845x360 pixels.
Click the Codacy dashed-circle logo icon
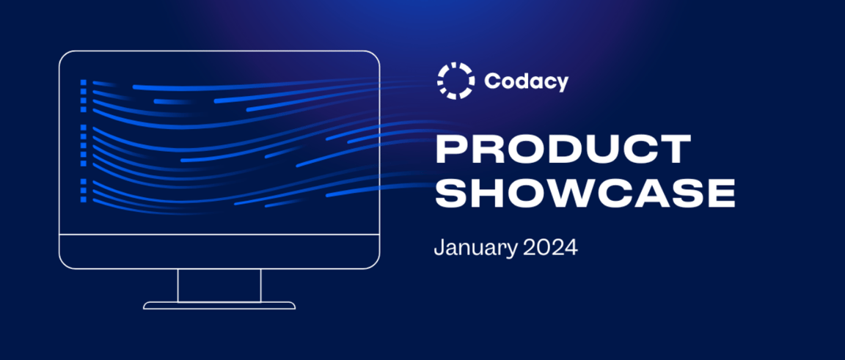[x=456, y=81]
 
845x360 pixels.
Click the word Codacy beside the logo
[x=526, y=81]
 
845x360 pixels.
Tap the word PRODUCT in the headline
[x=563, y=150]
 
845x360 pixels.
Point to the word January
[x=475, y=248]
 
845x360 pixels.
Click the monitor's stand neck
[x=219, y=284]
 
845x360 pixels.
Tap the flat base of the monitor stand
[x=219, y=305]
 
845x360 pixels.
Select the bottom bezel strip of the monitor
[x=219, y=251]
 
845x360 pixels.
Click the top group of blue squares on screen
[x=84, y=96]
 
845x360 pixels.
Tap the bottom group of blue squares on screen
[x=84, y=190]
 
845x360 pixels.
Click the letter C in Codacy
[x=492, y=81]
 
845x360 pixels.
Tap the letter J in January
[x=439, y=247]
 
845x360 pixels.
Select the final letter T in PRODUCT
[x=673, y=150]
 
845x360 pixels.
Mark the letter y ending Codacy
[x=562, y=84]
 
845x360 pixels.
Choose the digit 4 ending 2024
[x=571, y=247]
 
